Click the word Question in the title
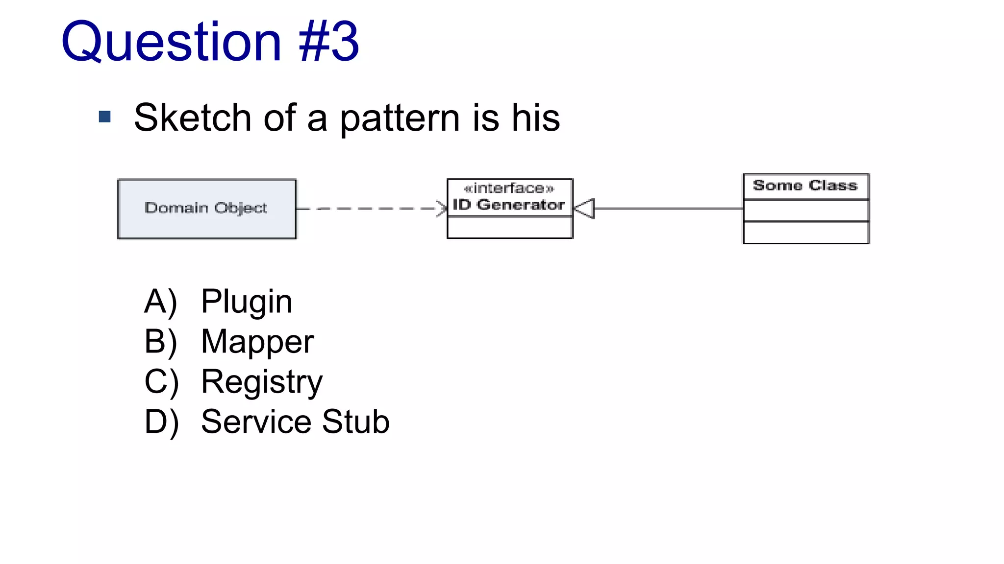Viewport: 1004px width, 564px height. [x=171, y=43]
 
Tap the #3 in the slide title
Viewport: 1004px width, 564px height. [x=329, y=43]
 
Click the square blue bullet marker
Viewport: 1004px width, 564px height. [x=104, y=117]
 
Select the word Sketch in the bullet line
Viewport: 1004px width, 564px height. [x=192, y=118]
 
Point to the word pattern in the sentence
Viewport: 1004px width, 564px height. [x=400, y=119]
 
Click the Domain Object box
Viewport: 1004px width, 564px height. [x=206, y=209]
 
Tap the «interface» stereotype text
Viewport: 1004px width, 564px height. [x=509, y=188]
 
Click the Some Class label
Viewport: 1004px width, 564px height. [x=805, y=186]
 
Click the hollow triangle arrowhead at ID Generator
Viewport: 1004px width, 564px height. [x=585, y=209]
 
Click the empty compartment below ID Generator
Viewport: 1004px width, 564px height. [x=510, y=228]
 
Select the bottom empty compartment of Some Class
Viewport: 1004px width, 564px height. [x=806, y=233]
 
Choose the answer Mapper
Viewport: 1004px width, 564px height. [x=257, y=342]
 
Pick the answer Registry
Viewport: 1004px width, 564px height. [x=262, y=382]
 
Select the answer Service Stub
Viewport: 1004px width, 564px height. [x=295, y=422]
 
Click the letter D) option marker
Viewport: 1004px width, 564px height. [x=161, y=422]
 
